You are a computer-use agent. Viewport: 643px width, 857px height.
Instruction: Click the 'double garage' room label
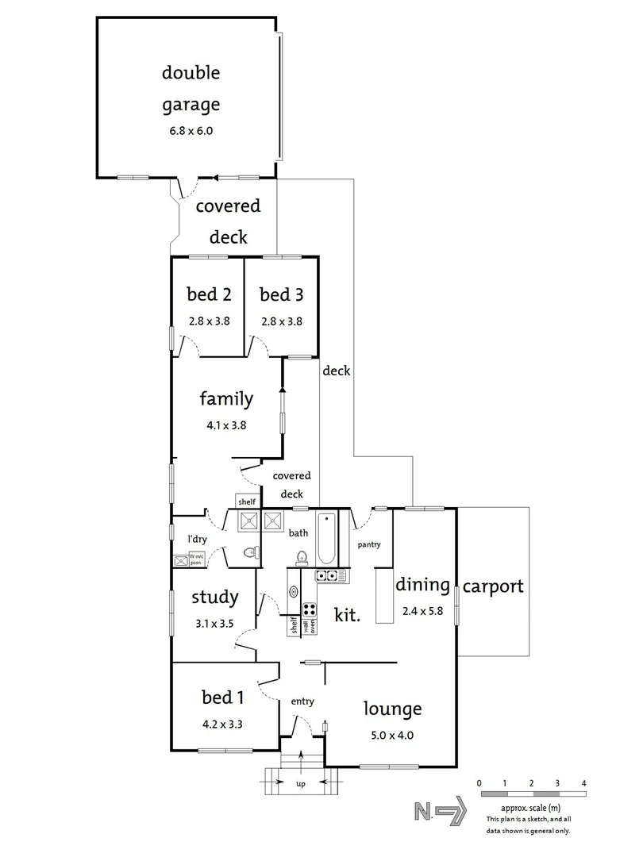(x=191, y=88)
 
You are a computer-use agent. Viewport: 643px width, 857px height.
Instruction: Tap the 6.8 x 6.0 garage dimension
(x=191, y=130)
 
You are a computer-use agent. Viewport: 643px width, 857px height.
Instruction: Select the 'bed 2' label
(x=209, y=295)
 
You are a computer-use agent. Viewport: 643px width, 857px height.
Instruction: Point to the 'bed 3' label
(x=281, y=295)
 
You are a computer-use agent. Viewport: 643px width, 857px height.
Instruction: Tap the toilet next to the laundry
(x=249, y=553)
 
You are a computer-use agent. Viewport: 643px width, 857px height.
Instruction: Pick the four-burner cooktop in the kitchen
(x=310, y=611)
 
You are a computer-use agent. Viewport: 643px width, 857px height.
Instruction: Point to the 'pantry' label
(x=369, y=544)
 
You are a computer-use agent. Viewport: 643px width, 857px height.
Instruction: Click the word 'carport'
(x=493, y=587)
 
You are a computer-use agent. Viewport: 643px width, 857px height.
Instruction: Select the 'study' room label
(x=214, y=598)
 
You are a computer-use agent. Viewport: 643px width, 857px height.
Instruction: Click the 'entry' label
(x=302, y=701)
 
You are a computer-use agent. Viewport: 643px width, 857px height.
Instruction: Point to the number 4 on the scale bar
(x=583, y=783)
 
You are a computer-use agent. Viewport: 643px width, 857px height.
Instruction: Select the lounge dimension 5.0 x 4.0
(x=392, y=735)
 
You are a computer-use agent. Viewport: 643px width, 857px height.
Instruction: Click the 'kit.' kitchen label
(x=348, y=614)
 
